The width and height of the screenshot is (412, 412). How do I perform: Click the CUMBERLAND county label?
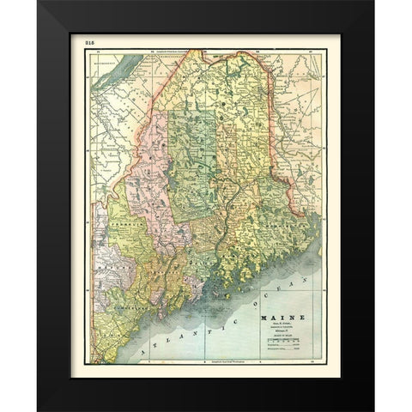click(x=129, y=301)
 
